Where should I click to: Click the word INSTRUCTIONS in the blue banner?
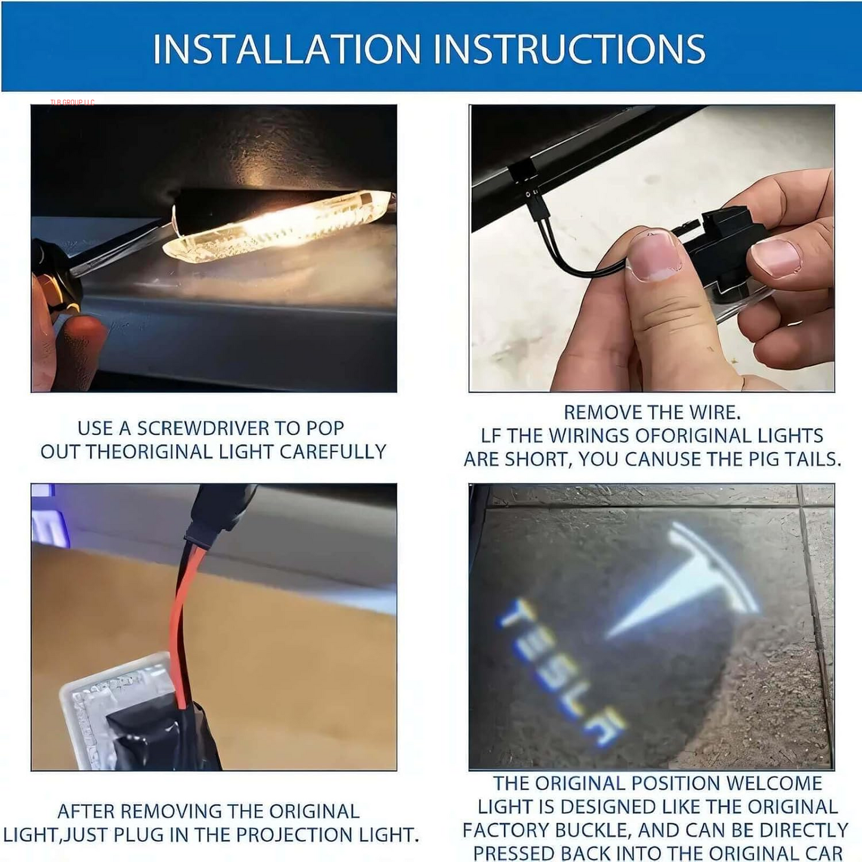570,49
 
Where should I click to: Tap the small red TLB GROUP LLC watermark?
72,103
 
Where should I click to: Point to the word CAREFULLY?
332,452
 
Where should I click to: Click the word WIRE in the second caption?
713,412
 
